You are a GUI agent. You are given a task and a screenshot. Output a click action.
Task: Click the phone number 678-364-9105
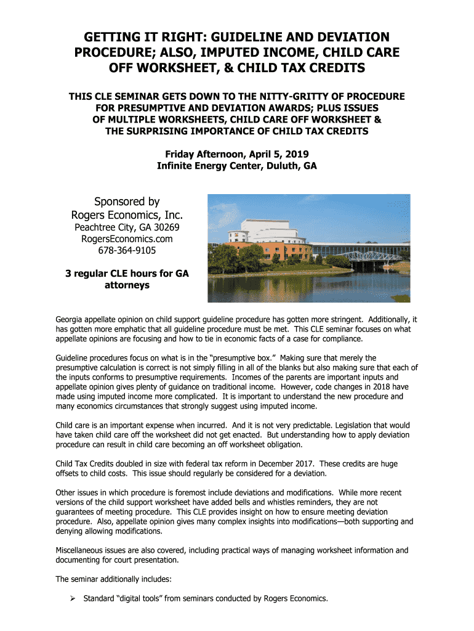127,251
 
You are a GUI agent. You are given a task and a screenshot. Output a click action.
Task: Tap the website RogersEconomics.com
127,239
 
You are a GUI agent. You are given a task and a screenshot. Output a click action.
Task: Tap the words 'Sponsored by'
127,202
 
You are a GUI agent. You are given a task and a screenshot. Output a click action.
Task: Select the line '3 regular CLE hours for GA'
127,274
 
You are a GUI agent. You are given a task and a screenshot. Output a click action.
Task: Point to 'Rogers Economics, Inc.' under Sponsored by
127,215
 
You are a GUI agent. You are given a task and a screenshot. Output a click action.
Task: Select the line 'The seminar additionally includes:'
114,579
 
